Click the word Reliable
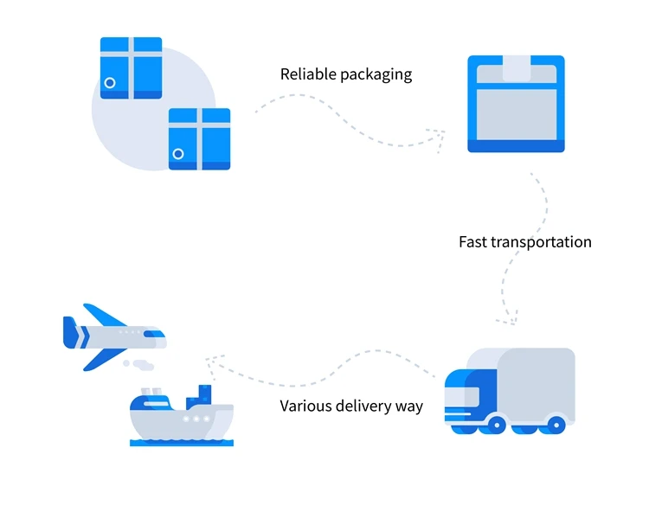308,74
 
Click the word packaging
376,75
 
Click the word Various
306,405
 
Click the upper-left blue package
131,67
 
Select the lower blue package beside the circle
199,138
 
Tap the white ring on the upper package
110,83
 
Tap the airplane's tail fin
70,331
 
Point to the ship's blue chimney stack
205,394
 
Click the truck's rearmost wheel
556,425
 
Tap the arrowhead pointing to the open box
438,135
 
